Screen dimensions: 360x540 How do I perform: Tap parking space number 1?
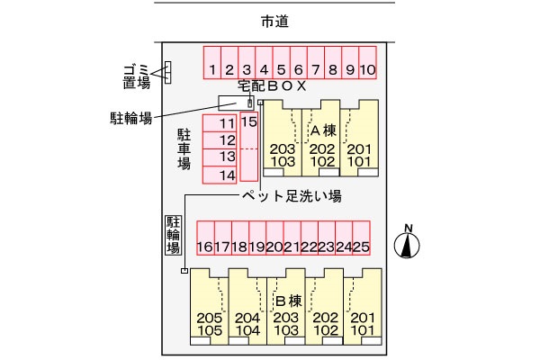[x=211, y=68]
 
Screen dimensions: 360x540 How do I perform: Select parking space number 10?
[x=367, y=68]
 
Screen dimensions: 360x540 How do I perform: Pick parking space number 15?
[x=249, y=121]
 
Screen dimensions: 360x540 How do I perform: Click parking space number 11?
[x=226, y=122]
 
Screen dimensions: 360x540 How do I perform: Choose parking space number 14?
[x=226, y=175]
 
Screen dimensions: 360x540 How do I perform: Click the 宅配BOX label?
[x=273, y=86]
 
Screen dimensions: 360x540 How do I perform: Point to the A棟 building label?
[x=322, y=130]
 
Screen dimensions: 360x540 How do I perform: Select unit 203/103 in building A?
[x=282, y=155]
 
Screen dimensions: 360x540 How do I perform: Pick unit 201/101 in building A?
[x=359, y=155]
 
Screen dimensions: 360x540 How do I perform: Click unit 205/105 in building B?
[x=208, y=324]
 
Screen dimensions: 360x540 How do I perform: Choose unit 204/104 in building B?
[x=247, y=324]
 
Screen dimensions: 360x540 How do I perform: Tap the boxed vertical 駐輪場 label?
[x=173, y=235]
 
